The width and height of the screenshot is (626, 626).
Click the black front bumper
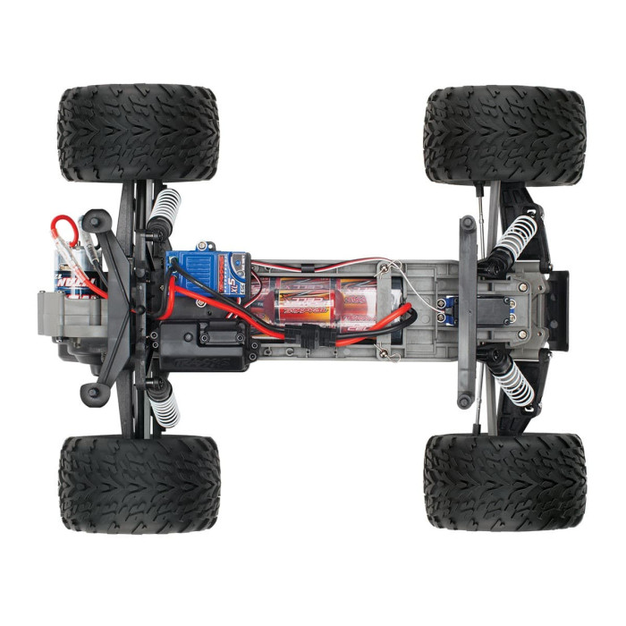[557, 308]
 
